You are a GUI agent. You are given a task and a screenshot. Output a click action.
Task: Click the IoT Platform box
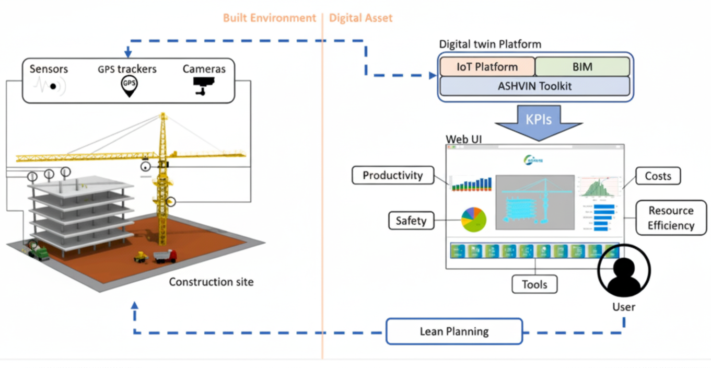(x=487, y=67)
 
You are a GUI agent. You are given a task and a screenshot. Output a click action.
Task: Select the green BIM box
(x=582, y=67)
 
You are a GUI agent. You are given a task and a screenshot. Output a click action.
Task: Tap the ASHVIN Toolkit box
(x=534, y=86)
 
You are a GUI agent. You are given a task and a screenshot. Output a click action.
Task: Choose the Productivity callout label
(x=393, y=176)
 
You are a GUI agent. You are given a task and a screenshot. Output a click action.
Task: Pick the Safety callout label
(x=411, y=221)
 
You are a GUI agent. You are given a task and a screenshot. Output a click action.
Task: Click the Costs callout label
(x=658, y=176)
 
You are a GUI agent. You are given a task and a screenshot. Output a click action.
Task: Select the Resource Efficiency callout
(x=671, y=218)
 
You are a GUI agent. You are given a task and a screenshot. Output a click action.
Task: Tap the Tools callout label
(x=534, y=284)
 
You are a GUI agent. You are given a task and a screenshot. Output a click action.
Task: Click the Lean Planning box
(x=454, y=331)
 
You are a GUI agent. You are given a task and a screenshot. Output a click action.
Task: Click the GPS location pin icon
(x=129, y=86)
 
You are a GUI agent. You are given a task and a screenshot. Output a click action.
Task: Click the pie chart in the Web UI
(x=473, y=220)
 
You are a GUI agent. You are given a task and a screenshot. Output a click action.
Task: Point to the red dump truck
(x=165, y=256)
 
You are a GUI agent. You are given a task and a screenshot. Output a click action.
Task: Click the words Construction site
(x=211, y=282)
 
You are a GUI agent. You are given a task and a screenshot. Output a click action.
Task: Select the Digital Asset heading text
(x=360, y=18)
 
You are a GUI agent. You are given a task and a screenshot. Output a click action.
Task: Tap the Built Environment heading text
(x=270, y=18)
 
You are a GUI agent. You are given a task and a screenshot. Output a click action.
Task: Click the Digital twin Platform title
(x=490, y=44)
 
